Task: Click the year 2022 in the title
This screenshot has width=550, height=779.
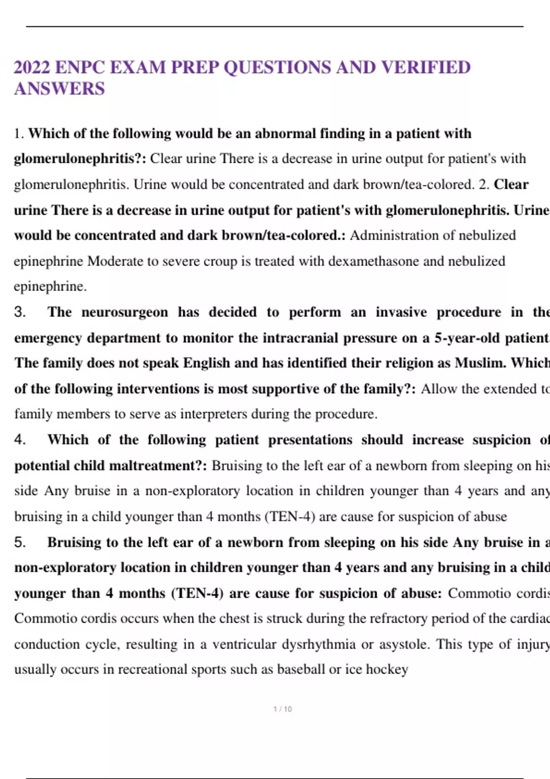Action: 32,67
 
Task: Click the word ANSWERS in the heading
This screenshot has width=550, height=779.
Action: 60,88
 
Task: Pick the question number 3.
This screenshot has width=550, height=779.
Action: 20,312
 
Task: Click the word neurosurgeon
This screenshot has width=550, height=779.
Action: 124,312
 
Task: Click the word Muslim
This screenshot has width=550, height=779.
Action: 480,363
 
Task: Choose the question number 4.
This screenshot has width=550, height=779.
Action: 20,440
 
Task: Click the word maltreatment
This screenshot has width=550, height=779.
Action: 159,466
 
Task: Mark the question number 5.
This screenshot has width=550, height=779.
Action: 20,543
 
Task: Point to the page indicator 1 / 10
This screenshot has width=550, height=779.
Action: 282,709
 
